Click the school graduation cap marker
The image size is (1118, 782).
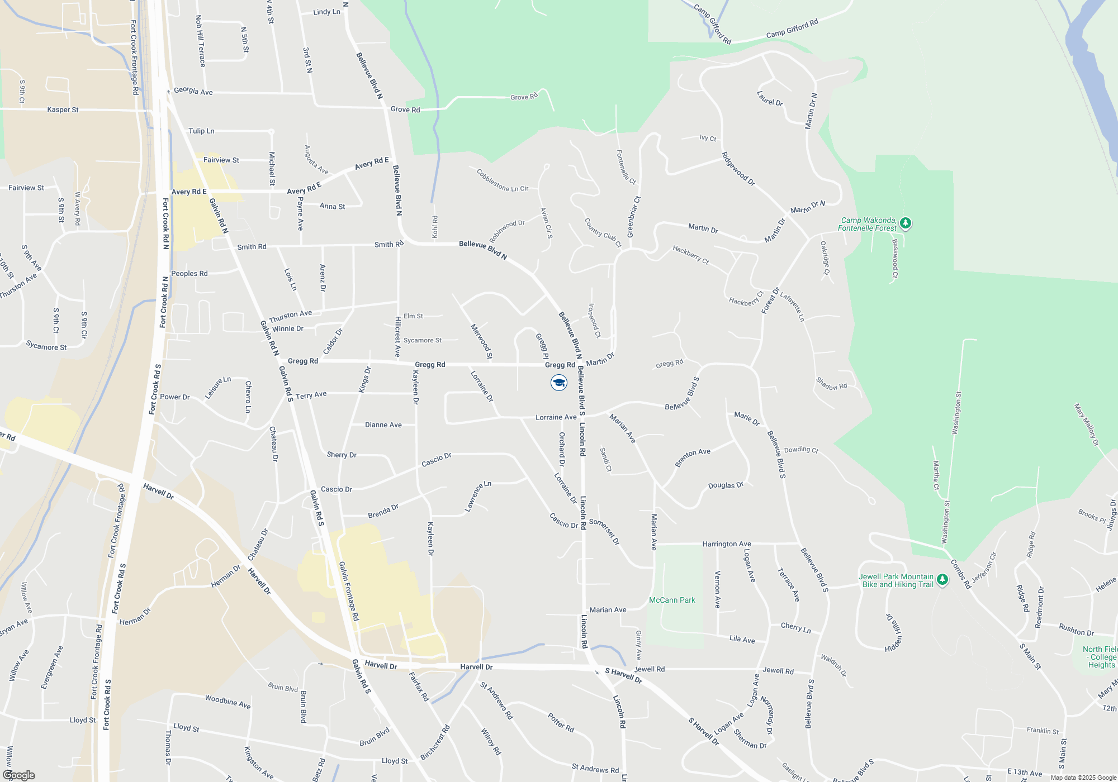point(558,383)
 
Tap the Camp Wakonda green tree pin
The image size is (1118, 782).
point(906,223)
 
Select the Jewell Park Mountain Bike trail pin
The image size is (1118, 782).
point(942,580)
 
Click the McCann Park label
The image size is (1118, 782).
point(672,600)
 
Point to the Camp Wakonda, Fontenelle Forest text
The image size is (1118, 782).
point(867,224)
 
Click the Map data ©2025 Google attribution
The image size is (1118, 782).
point(1083,778)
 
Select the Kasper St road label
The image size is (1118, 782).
point(63,109)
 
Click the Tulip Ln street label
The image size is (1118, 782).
point(201,131)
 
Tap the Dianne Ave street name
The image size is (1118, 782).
point(383,425)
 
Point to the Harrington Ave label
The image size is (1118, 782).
point(727,543)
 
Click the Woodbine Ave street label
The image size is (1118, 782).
point(228,702)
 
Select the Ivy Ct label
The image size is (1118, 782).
point(708,138)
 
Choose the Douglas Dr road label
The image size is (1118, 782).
point(726,485)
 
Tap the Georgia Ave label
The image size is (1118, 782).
point(193,91)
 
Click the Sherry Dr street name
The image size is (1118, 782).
point(342,455)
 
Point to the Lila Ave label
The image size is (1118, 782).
point(742,639)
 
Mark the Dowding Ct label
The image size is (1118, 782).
point(801,450)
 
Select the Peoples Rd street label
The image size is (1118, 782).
point(189,274)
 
